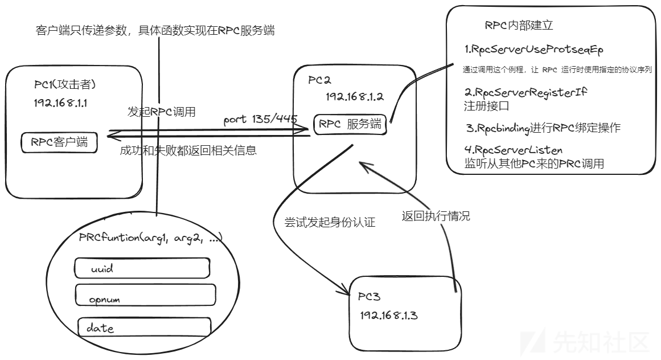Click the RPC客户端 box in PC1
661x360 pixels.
[59, 142]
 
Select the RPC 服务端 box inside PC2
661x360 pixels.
[350, 124]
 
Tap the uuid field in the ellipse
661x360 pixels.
[142, 268]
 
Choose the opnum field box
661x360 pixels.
[145, 295]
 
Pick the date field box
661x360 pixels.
[144, 327]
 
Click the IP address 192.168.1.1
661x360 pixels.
[61, 103]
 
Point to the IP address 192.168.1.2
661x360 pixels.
[355, 96]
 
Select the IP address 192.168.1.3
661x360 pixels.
[389, 316]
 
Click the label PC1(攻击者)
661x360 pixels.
[65, 84]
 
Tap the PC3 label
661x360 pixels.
[369, 297]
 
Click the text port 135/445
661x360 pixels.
[261, 120]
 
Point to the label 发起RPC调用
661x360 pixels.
[162, 112]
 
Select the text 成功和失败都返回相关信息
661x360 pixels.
[188, 150]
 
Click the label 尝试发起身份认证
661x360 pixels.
[330, 222]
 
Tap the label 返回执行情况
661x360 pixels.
[436, 216]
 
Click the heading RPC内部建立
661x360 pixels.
[519, 25]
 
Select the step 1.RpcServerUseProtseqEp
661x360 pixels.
[534, 50]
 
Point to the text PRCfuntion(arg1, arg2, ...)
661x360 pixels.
[150, 238]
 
